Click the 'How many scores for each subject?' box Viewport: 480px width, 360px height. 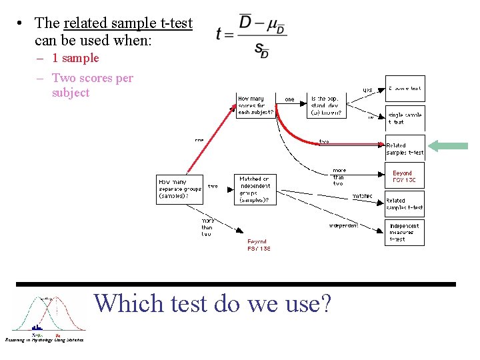point(255,105)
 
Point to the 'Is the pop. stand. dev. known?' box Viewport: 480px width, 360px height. point(327,105)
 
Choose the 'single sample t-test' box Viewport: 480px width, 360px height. point(405,118)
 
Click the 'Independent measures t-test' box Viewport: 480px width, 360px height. point(405,232)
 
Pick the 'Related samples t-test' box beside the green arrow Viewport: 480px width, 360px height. point(405,149)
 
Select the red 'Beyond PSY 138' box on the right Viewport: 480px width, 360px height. point(405,176)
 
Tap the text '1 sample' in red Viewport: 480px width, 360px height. point(75,58)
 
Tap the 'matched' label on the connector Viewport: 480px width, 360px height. point(362,196)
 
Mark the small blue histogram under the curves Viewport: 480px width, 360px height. point(37,327)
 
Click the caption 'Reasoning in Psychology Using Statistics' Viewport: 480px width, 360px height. point(44,340)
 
